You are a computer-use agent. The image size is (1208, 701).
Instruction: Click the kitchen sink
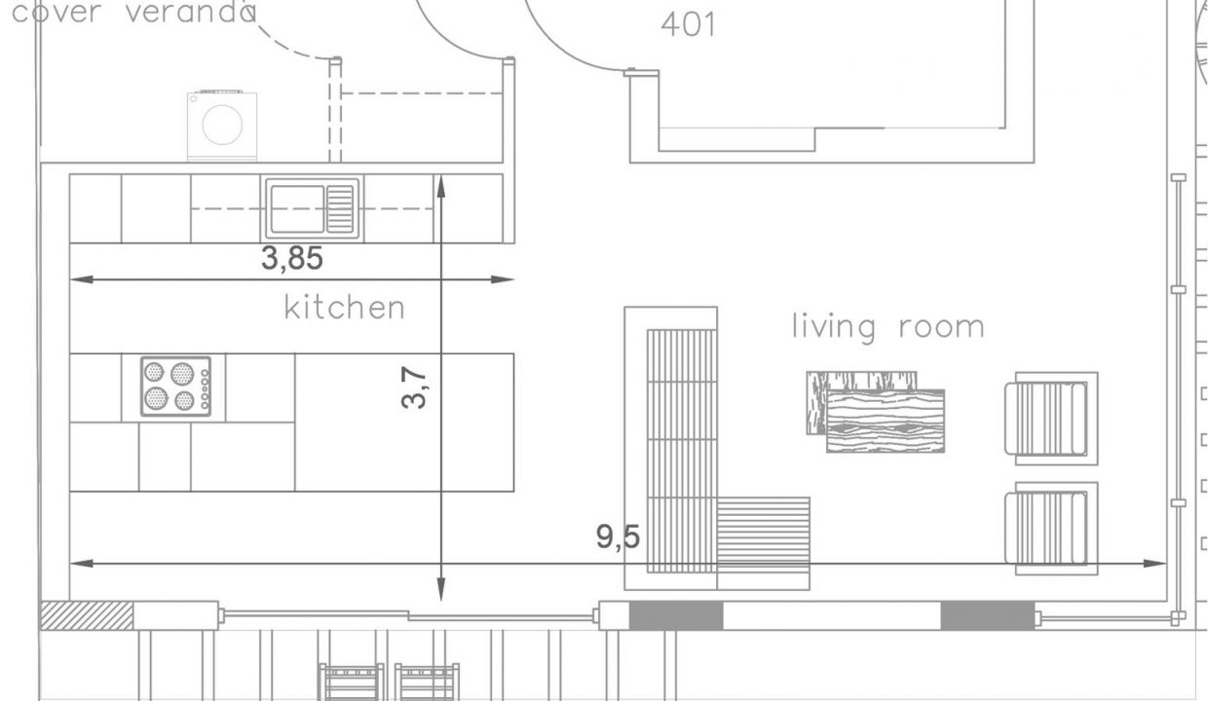tap(313, 208)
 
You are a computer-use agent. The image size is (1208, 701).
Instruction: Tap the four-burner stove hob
tap(175, 386)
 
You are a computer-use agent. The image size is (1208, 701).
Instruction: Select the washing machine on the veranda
tap(222, 126)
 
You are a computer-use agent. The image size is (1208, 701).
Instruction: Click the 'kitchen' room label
tap(344, 308)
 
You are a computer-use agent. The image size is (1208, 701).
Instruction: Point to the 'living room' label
tap(888, 327)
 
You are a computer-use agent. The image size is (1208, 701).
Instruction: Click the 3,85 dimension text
tap(292, 258)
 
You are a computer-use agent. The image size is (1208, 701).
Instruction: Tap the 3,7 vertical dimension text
tap(414, 387)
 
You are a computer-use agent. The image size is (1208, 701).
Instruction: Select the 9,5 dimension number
tap(618, 536)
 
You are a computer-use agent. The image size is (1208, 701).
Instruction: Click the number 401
tap(689, 24)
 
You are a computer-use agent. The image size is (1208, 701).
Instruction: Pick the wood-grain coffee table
tap(876, 412)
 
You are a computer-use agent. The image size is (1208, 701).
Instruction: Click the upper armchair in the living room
tap(1051, 418)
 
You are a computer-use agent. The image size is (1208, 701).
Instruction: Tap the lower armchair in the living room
tap(1051, 529)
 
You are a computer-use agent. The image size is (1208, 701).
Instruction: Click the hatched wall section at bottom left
tap(87, 615)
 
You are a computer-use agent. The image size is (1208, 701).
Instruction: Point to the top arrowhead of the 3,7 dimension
tap(441, 186)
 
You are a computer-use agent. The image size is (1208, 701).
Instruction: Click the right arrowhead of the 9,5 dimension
tap(1155, 564)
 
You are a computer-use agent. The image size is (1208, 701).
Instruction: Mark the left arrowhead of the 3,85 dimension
tap(82, 279)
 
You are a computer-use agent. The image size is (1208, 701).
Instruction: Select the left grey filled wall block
tap(676, 615)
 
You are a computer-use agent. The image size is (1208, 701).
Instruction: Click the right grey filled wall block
tap(988, 615)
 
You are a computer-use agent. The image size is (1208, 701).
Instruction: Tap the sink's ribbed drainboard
tap(340, 208)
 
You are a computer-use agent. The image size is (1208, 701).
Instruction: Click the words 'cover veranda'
tap(133, 12)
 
